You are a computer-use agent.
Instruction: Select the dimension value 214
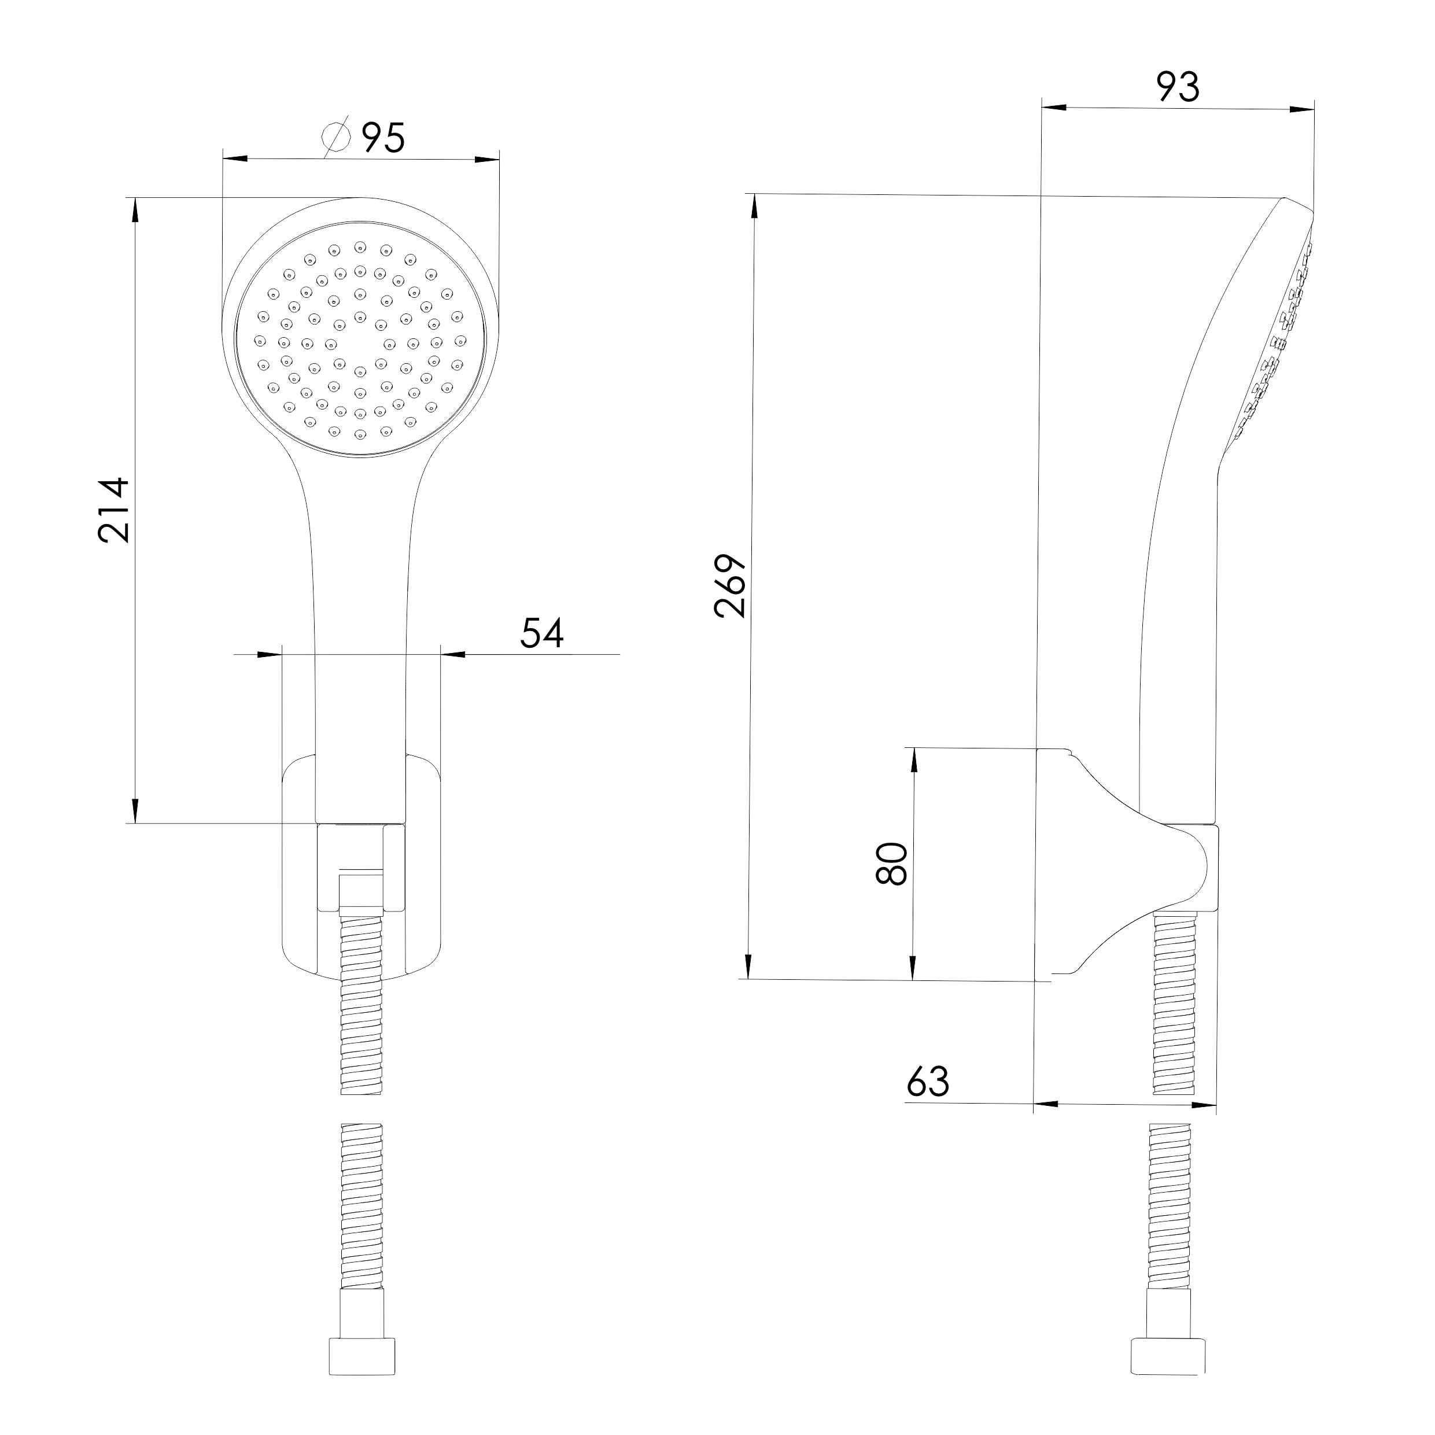click(x=115, y=510)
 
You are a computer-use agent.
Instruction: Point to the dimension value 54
click(x=541, y=633)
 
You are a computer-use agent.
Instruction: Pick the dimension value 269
click(x=729, y=586)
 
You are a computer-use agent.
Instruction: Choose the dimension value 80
click(x=892, y=863)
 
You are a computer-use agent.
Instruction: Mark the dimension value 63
click(x=928, y=1082)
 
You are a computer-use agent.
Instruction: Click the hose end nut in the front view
click(x=361, y=1357)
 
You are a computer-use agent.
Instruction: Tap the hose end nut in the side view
click(x=1168, y=1357)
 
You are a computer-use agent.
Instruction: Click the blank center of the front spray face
click(x=360, y=342)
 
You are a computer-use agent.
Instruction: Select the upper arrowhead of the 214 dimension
click(x=135, y=209)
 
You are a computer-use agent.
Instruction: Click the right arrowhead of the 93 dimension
click(x=1302, y=109)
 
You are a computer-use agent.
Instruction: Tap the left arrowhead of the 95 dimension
click(x=235, y=158)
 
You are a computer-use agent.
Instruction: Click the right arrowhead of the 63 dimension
click(x=1203, y=1105)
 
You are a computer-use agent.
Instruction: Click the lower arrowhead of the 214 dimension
click(x=135, y=810)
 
